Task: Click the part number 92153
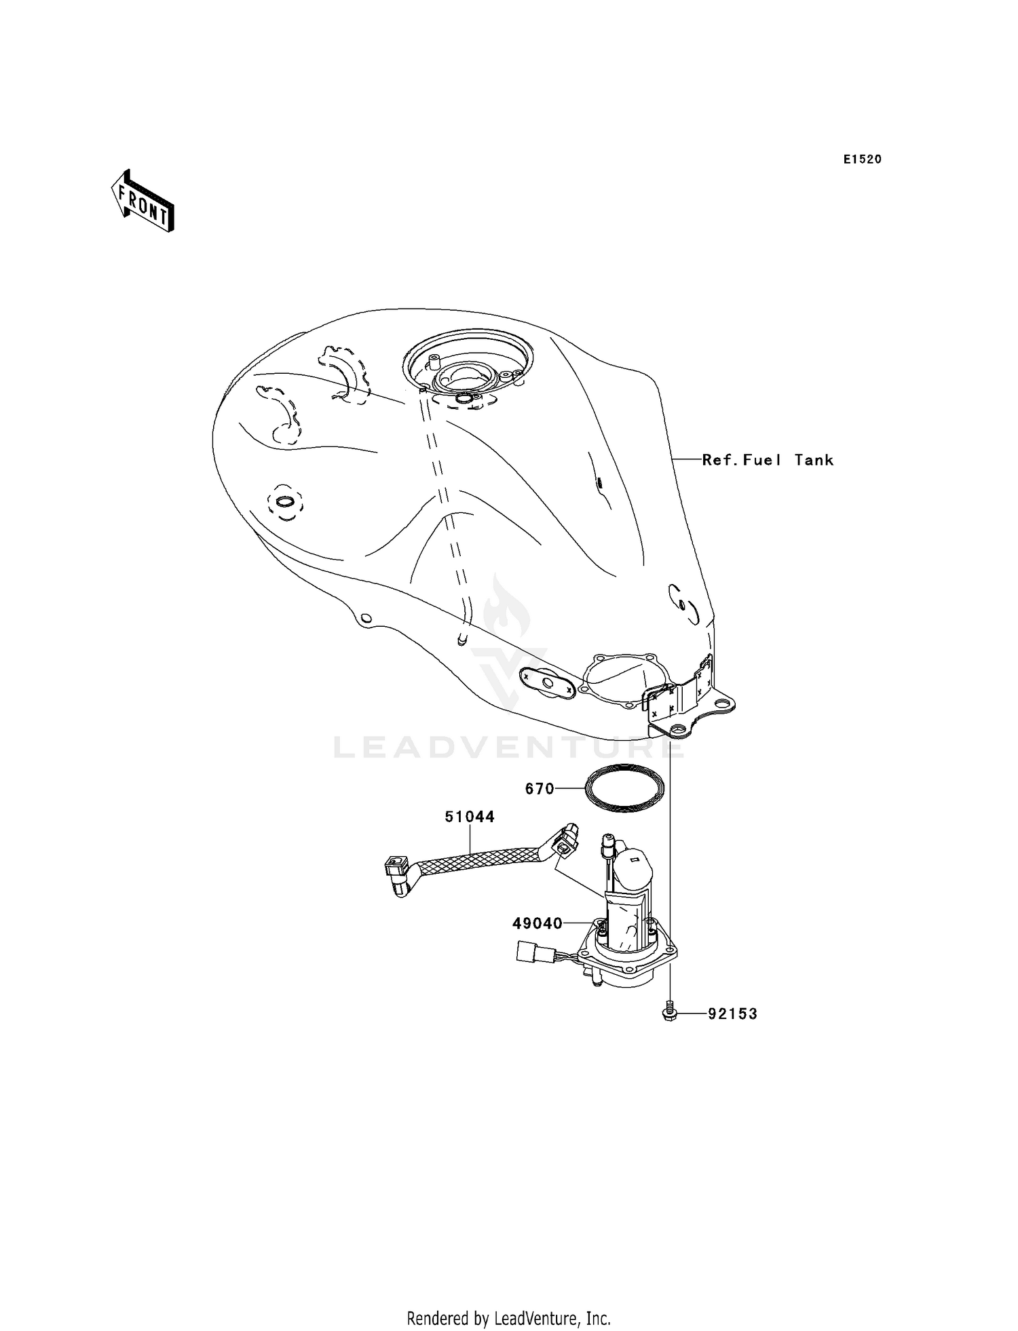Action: point(732,1014)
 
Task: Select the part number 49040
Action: point(537,923)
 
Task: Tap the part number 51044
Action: point(470,817)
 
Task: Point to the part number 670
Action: point(540,789)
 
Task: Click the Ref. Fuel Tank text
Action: point(768,460)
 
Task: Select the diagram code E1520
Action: point(863,159)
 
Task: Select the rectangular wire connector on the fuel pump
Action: point(527,952)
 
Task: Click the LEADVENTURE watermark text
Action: point(509,748)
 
